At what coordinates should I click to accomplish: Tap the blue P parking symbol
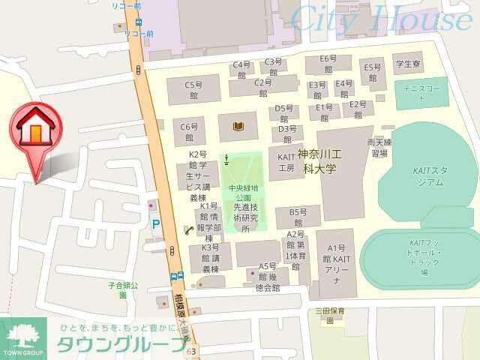(x=156, y=223)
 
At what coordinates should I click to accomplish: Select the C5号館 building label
(x=194, y=90)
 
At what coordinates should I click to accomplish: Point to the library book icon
(x=238, y=126)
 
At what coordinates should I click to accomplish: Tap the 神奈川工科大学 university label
(x=320, y=161)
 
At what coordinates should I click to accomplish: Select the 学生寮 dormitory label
(x=409, y=64)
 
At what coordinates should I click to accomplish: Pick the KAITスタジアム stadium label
(x=428, y=175)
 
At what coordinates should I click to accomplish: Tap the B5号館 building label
(x=298, y=217)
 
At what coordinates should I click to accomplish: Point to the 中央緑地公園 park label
(x=244, y=193)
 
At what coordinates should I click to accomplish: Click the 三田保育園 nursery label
(x=329, y=314)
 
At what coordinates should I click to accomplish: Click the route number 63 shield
(x=193, y=350)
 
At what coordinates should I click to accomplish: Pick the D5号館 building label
(x=283, y=112)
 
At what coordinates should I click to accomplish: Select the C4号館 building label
(x=241, y=69)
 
